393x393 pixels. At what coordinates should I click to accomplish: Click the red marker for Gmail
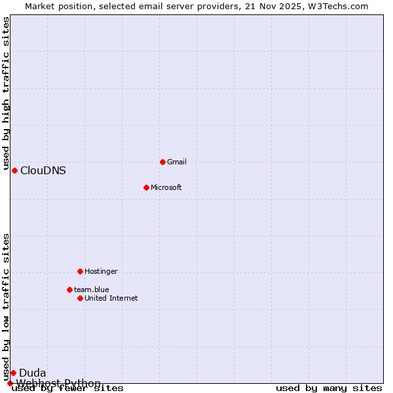(162, 162)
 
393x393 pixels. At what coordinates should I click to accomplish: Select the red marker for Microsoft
(146, 187)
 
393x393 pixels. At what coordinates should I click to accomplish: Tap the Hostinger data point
(80, 271)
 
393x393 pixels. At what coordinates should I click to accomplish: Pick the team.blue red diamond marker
(69, 290)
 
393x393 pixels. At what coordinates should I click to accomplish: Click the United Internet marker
(80, 298)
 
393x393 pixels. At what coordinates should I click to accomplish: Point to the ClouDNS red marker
(14, 170)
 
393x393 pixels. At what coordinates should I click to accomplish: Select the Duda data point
(13, 373)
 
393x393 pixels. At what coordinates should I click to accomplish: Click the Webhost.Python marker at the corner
(10, 383)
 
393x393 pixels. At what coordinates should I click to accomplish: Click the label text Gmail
(177, 162)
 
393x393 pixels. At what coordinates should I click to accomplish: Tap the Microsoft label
(166, 187)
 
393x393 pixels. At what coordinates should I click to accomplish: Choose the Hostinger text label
(101, 271)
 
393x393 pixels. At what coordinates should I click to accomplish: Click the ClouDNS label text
(43, 171)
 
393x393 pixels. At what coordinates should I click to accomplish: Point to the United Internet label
(111, 298)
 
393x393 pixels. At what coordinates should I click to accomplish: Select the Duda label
(32, 373)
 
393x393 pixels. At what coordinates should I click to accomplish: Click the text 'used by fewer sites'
(67, 388)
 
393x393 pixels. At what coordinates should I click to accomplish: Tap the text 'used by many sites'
(329, 388)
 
